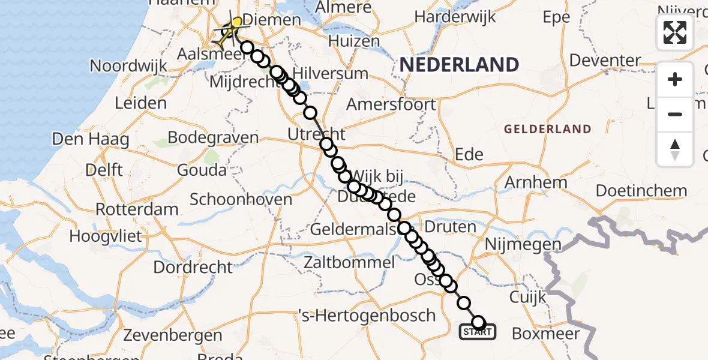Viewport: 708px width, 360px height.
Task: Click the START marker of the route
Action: click(478, 331)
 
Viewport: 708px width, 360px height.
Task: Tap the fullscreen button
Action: click(675, 32)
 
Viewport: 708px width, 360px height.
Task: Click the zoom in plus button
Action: click(675, 79)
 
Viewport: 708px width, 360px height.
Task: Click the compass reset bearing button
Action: click(675, 149)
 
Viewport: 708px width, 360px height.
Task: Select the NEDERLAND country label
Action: click(460, 64)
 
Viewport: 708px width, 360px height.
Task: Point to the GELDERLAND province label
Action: click(547, 129)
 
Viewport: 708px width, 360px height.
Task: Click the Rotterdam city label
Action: click(137, 209)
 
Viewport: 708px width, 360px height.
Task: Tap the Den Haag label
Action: click(91, 140)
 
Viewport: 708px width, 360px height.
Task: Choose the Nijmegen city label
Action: click(523, 244)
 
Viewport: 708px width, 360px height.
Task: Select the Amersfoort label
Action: click(391, 104)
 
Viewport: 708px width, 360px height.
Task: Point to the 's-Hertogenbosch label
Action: click(367, 315)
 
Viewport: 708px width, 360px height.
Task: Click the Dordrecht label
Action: click(193, 266)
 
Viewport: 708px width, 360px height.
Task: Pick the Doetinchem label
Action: click(641, 191)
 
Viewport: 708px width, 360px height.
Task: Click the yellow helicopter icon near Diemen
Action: click(233, 28)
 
